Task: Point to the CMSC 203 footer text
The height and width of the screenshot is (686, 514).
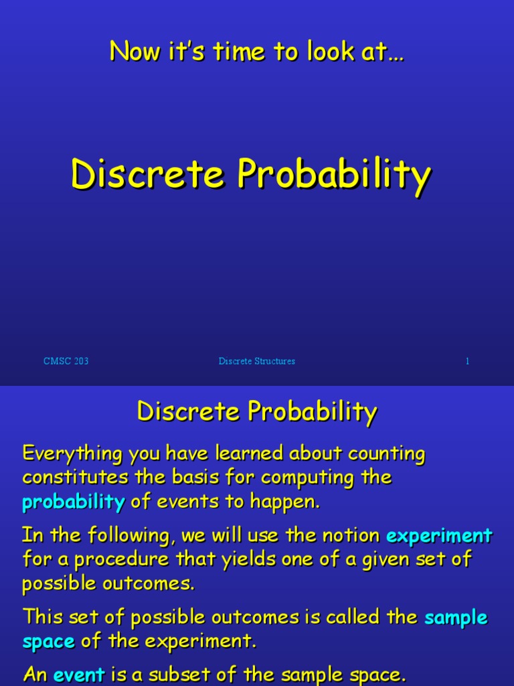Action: click(66, 361)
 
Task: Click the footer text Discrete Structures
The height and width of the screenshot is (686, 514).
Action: click(256, 361)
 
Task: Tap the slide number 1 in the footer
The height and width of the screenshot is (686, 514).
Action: click(467, 361)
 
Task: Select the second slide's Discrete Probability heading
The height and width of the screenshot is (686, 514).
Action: click(257, 411)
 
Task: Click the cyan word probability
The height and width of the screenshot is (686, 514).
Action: click(74, 502)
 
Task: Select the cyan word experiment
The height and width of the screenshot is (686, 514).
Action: click(440, 535)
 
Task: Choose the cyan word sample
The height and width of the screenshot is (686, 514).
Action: click(456, 616)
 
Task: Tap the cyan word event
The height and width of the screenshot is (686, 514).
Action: click(79, 673)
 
